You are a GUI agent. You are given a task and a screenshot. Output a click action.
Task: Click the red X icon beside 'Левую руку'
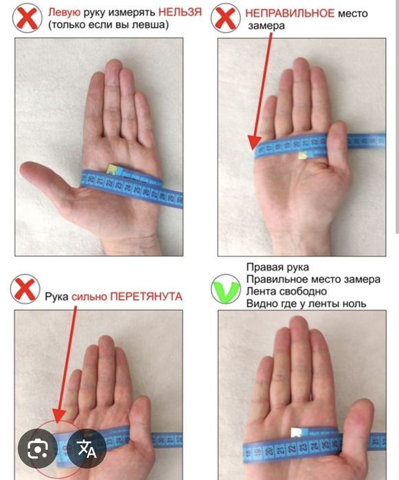coord(27,19)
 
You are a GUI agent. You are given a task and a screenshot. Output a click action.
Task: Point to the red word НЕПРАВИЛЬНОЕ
coord(289,13)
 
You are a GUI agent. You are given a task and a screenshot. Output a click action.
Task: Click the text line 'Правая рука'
coord(277,266)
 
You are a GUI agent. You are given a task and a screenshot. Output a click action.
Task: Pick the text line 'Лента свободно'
coord(284,291)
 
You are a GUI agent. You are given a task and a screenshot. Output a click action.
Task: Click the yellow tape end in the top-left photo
coord(112,168)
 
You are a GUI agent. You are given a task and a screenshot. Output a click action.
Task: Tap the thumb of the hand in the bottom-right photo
coord(358,415)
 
